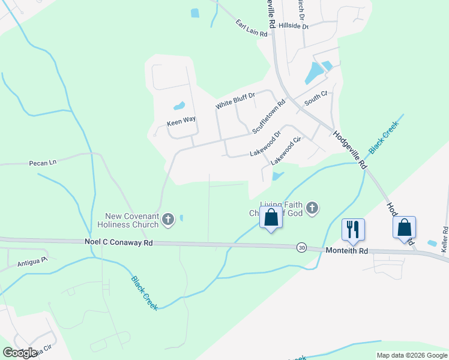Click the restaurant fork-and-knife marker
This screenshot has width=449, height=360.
(x=353, y=230)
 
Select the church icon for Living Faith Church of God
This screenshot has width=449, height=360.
(x=312, y=208)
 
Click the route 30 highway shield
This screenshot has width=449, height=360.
(x=301, y=247)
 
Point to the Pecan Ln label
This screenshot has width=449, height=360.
(x=42, y=163)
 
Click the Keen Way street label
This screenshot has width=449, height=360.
(x=181, y=120)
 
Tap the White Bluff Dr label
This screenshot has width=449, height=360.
(x=235, y=100)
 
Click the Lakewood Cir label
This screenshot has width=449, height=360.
(x=285, y=151)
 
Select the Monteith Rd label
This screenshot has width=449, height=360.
(x=346, y=251)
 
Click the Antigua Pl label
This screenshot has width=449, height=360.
(x=32, y=261)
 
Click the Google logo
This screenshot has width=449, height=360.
(x=20, y=353)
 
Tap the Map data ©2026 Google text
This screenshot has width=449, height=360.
(x=411, y=355)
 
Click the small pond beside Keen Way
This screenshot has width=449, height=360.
(x=179, y=107)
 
